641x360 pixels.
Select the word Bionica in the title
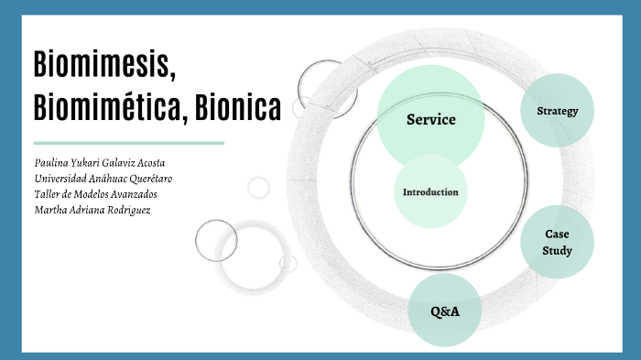[239, 108]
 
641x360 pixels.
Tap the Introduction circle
[430, 192]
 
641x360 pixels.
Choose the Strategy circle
[558, 111]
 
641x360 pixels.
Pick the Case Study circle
[557, 242]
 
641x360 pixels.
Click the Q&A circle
[444, 311]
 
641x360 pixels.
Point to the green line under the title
[128, 143]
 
